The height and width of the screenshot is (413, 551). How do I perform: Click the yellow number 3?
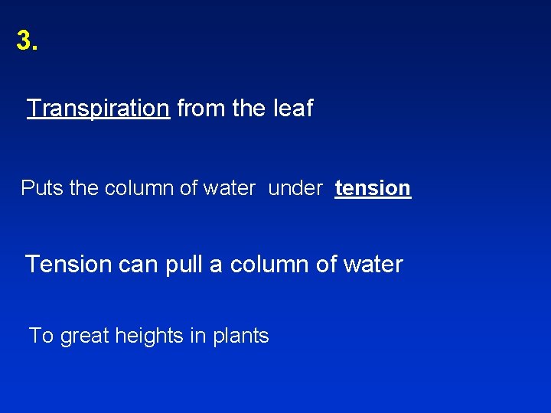pos(26,41)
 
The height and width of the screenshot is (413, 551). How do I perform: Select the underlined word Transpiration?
pos(98,109)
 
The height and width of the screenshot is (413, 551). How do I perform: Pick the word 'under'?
pos(295,188)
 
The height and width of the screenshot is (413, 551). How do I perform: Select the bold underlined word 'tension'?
pos(373,188)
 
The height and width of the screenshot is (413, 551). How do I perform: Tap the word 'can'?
pos(138,265)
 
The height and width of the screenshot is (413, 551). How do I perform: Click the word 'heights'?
pos(152,337)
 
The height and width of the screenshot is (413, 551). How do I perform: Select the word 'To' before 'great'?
pos(41,336)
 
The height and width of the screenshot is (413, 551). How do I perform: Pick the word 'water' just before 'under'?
pos(229,188)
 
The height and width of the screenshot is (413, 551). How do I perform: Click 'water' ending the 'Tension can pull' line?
pos(373,265)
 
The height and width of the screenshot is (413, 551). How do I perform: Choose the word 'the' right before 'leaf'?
pos(249,109)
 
